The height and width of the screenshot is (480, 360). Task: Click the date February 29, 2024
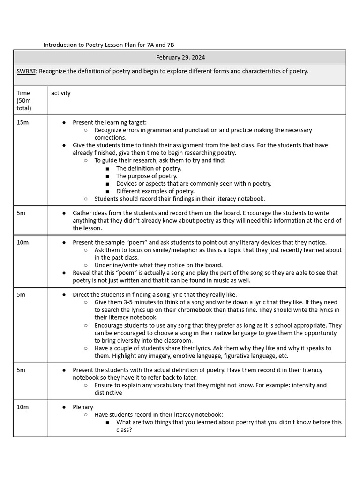(x=180, y=57)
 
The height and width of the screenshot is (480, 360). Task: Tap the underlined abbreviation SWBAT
(x=25, y=71)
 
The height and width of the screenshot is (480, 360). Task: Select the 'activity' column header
(x=61, y=93)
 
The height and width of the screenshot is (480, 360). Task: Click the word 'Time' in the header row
(x=23, y=93)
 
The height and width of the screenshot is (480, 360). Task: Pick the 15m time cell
(x=22, y=122)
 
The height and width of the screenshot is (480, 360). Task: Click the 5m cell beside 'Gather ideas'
(x=21, y=213)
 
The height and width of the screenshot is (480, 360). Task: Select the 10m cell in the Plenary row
(x=22, y=407)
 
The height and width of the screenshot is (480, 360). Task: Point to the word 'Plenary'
(x=83, y=407)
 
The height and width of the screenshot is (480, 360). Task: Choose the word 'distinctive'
(x=108, y=393)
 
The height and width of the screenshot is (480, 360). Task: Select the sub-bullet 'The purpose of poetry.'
(x=147, y=176)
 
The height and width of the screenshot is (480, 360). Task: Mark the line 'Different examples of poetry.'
(x=155, y=191)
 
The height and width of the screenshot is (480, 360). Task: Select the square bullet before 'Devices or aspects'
(x=108, y=184)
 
